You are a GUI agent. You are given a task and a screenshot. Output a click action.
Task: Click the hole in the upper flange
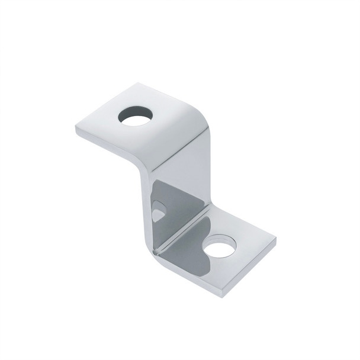(134, 116)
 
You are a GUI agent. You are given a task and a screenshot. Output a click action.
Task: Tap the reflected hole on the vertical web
(159, 210)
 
